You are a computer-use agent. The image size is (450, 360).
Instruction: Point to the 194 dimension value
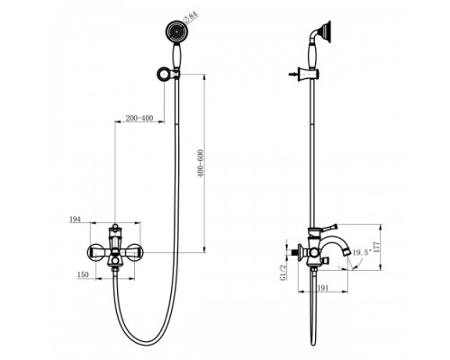[76, 218]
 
